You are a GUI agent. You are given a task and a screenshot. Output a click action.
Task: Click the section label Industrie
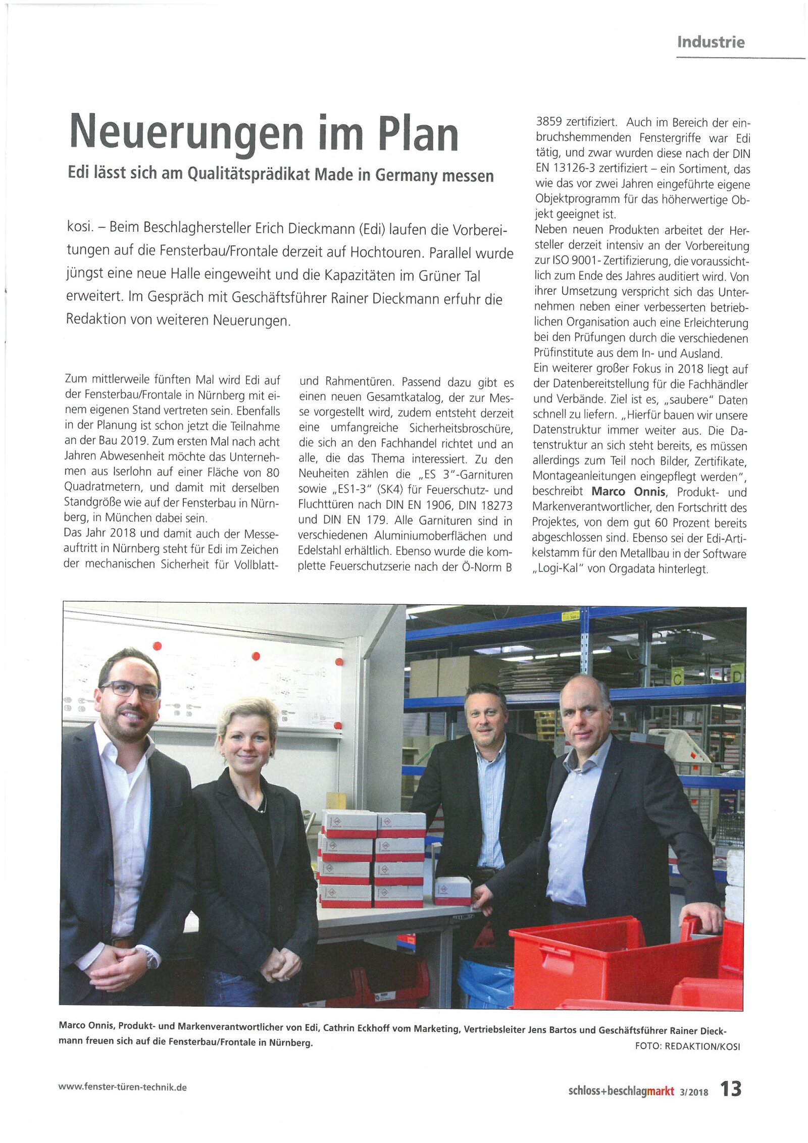pos(711,42)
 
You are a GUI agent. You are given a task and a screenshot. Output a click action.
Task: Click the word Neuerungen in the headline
pos(186,133)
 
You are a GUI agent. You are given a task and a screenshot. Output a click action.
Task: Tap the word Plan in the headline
pos(418,134)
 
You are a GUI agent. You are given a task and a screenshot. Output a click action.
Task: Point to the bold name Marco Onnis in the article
pos(628,492)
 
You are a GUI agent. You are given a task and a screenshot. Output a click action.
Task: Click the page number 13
pos(730,1088)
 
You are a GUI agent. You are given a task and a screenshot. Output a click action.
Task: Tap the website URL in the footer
pos(123,1087)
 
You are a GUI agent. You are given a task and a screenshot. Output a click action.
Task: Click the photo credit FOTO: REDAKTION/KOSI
pos(687,1046)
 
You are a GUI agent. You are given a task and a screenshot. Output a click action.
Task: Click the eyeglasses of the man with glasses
pos(130,689)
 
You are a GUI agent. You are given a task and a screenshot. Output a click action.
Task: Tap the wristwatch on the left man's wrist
pos(151,958)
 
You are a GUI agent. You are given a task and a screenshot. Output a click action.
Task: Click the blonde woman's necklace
pos(262,807)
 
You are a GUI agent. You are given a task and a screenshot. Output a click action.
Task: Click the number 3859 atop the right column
pos(549,122)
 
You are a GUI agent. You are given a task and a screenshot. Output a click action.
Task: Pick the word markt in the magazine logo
pos(661,1092)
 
